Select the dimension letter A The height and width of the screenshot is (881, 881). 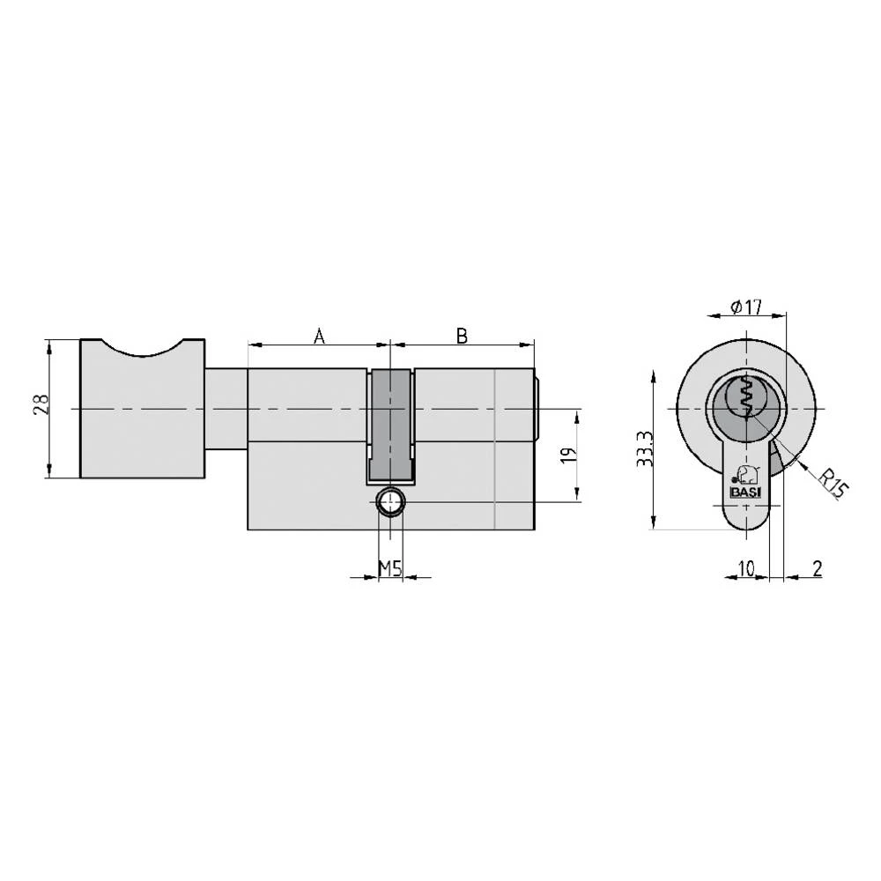[x=320, y=336]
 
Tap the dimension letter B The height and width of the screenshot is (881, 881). [x=462, y=336]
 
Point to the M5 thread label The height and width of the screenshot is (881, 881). [x=390, y=569]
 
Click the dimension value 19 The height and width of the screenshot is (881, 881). [x=568, y=455]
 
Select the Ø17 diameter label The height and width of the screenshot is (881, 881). [x=745, y=308]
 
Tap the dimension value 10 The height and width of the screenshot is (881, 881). [x=745, y=569]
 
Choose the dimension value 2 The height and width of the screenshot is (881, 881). [x=817, y=569]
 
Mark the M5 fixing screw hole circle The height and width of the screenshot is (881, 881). [x=389, y=503]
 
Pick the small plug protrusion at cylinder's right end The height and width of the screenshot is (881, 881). [x=537, y=410]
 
